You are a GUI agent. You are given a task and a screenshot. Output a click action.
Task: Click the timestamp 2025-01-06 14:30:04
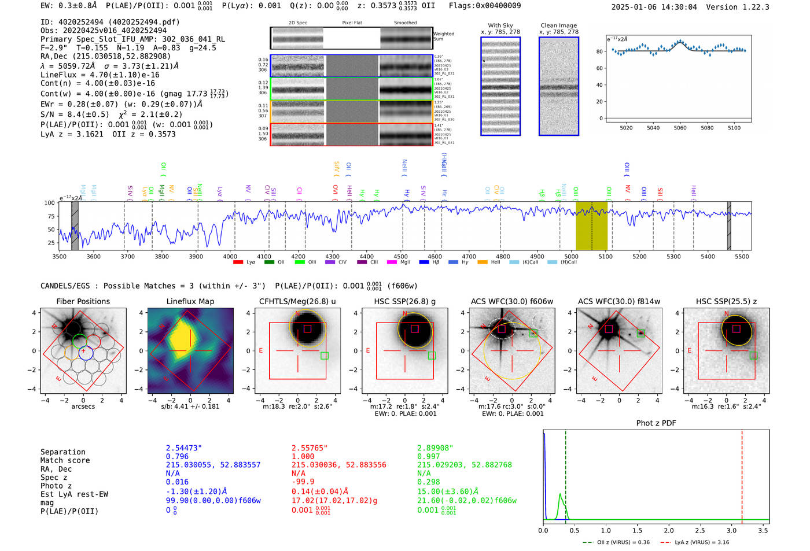click(x=654, y=8)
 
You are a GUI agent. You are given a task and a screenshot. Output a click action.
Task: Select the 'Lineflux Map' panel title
click(x=190, y=301)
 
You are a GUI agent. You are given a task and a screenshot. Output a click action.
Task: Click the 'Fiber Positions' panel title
click(x=83, y=301)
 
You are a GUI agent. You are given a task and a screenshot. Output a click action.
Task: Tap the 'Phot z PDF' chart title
click(x=656, y=423)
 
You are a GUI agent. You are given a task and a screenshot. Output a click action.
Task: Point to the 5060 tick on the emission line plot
click(x=680, y=128)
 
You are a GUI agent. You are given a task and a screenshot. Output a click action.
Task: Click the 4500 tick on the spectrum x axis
click(x=401, y=257)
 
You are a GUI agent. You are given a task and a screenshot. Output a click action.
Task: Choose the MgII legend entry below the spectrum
click(x=399, y=262)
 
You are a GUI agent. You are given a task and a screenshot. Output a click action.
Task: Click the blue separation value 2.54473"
click(x=183, y=448)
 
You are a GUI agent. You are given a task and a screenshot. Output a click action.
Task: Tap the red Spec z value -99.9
click(x=303, y=482)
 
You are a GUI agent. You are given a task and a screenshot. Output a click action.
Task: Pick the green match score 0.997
click(x=429, y=457)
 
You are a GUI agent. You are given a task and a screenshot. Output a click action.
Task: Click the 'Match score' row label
click(x=65, y=461)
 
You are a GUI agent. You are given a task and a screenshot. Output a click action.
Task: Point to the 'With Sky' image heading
click(x=500, y=25)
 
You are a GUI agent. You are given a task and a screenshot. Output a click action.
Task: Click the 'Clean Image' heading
click(x=558, y=25)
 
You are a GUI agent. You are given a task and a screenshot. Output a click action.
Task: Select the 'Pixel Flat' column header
click(x=352, y=23)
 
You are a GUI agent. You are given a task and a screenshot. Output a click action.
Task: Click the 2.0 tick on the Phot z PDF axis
click(x=668, y=530)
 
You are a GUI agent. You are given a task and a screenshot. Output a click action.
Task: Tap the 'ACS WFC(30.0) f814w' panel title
click(x=618, y=301)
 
